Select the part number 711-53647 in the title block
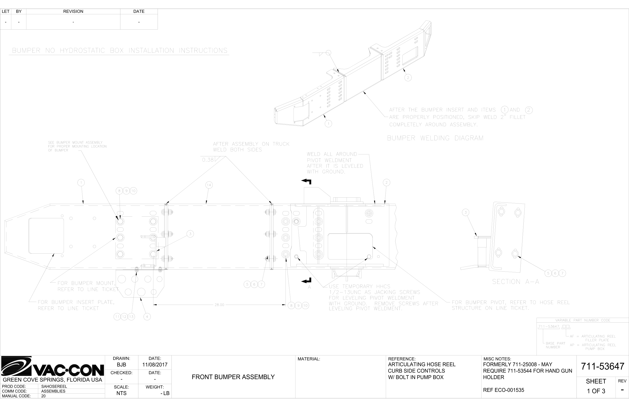point(602,366)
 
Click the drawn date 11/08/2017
point(155,365)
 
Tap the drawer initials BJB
point(121,365)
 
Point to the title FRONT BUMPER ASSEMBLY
point(233,377)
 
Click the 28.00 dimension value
point(219,305)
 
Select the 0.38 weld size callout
point(208,160)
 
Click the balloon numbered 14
point(209,185)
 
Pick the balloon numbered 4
point(147,317)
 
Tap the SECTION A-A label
point(515,282)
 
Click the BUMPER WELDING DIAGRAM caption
point(435,138)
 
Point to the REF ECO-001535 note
point(503,390)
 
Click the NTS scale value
point(121,393)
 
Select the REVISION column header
point(73,11)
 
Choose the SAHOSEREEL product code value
point(54,386)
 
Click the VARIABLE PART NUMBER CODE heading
point(582,320)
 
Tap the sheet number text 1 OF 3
point(596,391)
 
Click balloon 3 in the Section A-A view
point(466,212)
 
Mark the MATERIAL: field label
point(309,359)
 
